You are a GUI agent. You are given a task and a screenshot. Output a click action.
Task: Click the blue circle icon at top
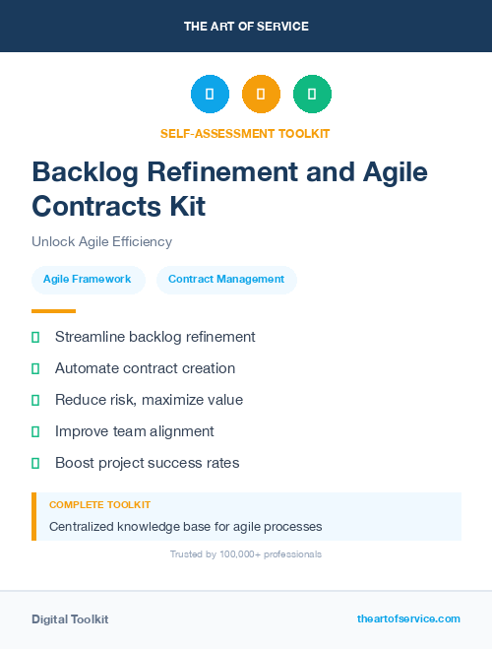(210, 95)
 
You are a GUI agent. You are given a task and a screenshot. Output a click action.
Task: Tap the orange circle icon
(261, 95)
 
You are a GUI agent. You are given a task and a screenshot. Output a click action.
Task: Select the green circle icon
(312, 95)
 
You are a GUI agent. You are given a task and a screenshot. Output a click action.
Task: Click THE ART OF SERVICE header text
(246, 27)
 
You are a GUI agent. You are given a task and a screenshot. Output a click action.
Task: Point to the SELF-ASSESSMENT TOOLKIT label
(245, 133)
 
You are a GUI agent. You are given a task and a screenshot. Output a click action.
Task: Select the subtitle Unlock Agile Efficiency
(101, 241)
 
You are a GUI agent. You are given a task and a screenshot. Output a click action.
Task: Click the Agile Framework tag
(88, 279)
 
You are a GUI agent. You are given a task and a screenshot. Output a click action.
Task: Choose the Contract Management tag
(226, 279)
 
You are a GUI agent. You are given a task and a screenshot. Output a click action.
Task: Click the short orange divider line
(53, 311)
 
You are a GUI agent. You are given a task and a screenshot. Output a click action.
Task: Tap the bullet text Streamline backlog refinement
(154, 337)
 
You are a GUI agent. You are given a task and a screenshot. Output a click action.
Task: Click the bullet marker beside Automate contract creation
(35, 368)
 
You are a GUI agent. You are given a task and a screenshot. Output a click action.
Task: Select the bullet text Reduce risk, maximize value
(149, 400)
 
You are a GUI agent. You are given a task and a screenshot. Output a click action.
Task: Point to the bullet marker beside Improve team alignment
(35, 431)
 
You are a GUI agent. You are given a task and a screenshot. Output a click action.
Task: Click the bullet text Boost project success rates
(147, 463)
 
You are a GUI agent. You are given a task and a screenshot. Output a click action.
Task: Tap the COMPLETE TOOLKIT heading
(99, 504)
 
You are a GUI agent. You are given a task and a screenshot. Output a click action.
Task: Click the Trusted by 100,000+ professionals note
(246, 554)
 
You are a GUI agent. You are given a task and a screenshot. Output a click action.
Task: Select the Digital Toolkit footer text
(70, 619)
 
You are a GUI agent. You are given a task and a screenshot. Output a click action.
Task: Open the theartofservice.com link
(408, 618)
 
